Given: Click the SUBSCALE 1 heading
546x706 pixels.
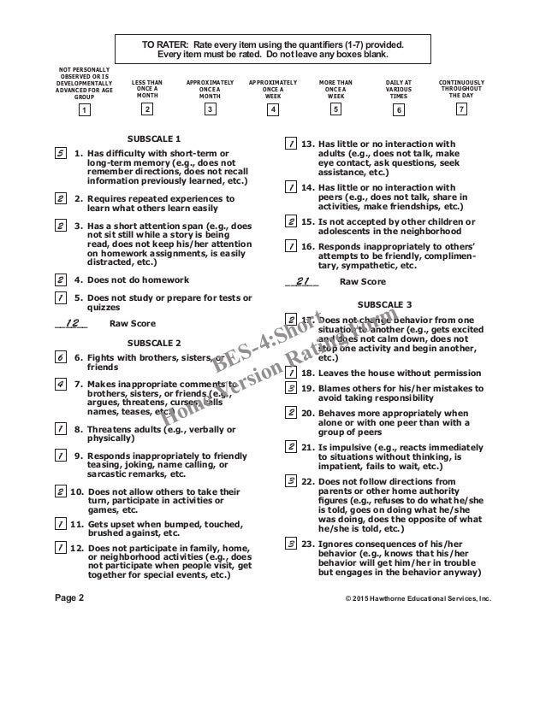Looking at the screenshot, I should click(154, 137).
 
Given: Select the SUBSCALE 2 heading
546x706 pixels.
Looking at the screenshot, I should click(153, 339).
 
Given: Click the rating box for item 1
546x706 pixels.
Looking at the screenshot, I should click(61, 154).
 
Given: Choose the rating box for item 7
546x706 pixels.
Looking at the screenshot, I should click(61, 385).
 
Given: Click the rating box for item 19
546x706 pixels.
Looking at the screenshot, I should click(292, 388).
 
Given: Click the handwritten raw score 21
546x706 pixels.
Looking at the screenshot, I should click(301, 280).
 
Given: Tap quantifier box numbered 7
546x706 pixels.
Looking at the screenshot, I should click(462, 109).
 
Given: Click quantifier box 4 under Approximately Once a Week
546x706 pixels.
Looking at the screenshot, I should click(273, 109).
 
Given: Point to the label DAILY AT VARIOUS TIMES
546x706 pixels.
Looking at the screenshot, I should click(399, 88).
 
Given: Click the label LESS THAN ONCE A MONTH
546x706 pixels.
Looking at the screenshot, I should click(147, 88).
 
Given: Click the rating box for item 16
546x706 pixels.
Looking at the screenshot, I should click(292, 245).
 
